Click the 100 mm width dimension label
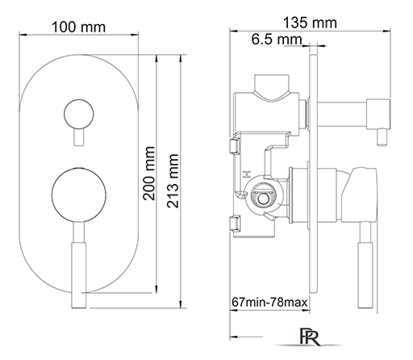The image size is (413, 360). click(78, 27)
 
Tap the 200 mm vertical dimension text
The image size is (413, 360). click(149, 174)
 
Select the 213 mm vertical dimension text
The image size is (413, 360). click(173, 181)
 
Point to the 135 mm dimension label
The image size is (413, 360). click(310, 23)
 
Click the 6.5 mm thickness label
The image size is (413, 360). click(277, 40)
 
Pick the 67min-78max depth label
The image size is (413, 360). click(269, 303)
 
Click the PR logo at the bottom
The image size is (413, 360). click(310, 337)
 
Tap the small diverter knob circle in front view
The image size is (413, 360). click(79, 114)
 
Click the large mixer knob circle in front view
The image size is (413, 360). click(79, 195)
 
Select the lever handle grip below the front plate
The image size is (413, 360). click(78, 275)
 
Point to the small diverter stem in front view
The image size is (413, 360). click(79, 137)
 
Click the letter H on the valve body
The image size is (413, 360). click(246, 174)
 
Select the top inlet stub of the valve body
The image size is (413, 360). click(272, 84)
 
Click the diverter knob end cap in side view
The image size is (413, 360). click(378, 114)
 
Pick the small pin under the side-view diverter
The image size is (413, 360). click(382, 137)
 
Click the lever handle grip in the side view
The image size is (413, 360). click(365, 274)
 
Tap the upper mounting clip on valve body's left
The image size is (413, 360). click(235, 145)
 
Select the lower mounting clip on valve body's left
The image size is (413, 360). click(236, 223)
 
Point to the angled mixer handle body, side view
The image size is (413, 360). click(359, 195)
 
